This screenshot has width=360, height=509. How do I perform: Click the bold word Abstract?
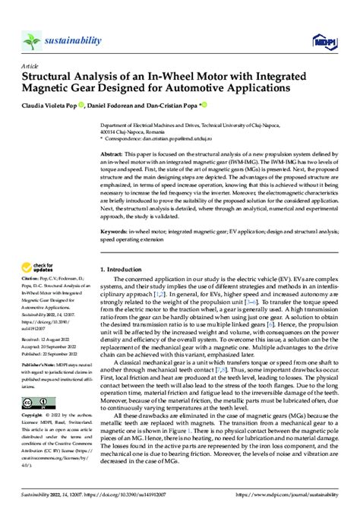click(x=113, y=153)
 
